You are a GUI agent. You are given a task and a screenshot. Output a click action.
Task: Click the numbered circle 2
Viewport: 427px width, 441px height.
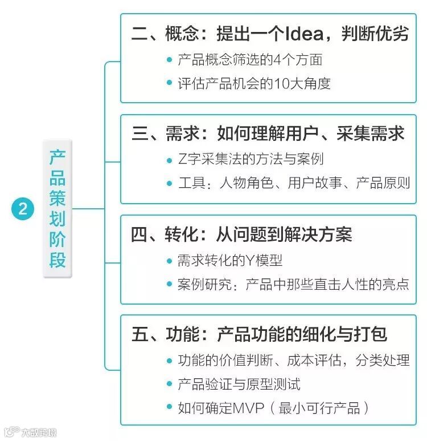point(22,208)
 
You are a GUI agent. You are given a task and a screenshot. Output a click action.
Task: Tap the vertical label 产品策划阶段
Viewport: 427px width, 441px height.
point(57,208)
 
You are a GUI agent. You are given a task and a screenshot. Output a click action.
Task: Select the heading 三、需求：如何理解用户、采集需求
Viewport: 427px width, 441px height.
point(268,133)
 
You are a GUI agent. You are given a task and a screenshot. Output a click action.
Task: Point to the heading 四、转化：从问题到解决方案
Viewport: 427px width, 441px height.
point(241,234)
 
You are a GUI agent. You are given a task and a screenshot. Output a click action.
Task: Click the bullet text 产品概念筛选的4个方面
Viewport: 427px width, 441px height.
point(250,59)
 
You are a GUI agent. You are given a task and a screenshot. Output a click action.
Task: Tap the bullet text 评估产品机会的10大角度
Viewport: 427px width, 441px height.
point(254,83)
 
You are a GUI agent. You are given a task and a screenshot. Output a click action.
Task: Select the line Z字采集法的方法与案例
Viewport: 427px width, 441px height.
point(251,159)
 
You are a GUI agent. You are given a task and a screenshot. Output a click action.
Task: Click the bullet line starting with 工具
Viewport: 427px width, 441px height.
point(293,184)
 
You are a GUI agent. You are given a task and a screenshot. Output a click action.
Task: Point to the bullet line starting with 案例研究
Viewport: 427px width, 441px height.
point(293,284)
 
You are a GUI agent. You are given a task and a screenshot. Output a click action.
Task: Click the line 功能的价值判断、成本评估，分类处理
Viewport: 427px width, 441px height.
point(293,361)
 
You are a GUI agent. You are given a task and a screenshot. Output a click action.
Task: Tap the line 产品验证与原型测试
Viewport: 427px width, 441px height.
point(239,385)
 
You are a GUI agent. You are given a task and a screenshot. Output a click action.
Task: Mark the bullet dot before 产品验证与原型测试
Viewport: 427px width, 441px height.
point(169,385)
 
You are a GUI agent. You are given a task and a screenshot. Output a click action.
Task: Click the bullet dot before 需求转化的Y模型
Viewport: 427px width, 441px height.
point(169,260)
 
